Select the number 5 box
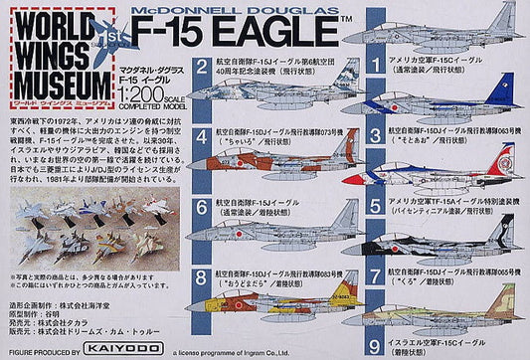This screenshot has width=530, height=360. tap(376, 207)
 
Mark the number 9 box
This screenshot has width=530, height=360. tap(376, 317)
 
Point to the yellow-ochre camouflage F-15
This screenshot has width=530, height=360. tap(273, 298)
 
